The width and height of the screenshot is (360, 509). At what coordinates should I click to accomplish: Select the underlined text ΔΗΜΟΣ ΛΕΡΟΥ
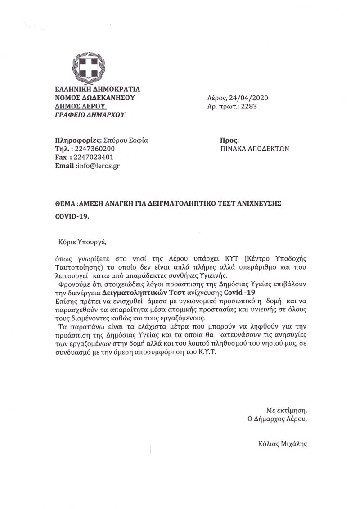(80, 106)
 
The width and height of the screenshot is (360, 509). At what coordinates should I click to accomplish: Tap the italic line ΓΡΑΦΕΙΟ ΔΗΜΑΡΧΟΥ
(90, 115)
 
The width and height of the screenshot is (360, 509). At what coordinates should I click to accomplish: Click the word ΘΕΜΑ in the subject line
(63, 203)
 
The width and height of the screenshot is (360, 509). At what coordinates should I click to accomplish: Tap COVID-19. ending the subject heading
(72, 216)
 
